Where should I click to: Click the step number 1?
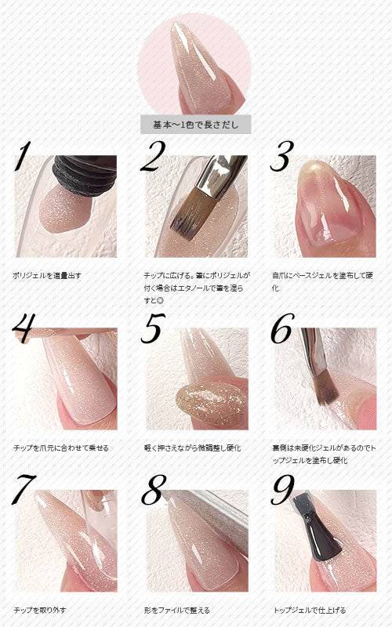(x=24, y=156)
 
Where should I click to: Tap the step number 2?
(x=153, y=156)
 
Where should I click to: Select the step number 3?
(x=282, y=156)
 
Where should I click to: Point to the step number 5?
(x=153, y=328)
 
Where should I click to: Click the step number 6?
(x=283, y=328)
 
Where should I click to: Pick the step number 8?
(x=154, y=490)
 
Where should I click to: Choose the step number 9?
(x=283, y=490)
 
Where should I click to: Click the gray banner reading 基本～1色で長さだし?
(x=195, y=125)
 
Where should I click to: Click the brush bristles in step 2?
(x=189, y=215)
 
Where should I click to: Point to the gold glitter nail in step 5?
(x=211, y=404)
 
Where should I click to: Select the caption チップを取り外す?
(x=40, y=611)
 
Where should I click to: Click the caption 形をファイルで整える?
(x=176, y=611)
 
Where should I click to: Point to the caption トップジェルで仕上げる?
(x=309, y=611)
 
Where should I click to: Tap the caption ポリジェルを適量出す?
(x=47, y=276)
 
